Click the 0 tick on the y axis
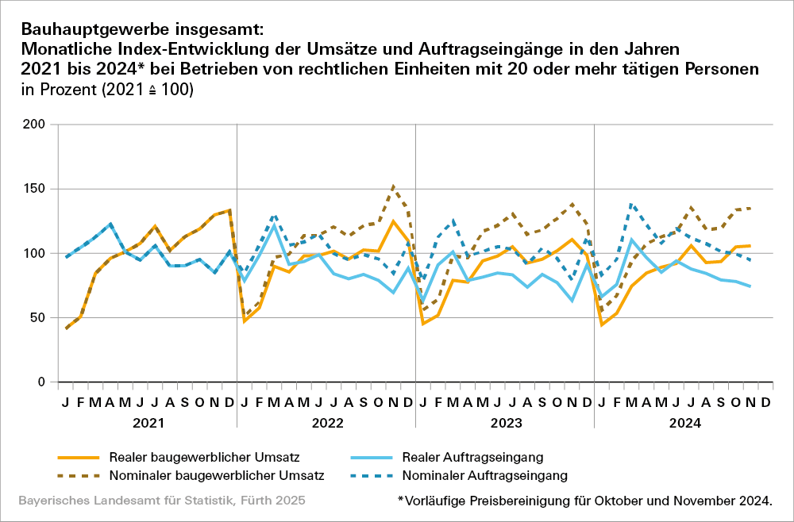tap(40, 382)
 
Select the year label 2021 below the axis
tap(148, 424)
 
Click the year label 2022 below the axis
tap(326, 424)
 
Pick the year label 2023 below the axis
tap(505, 424)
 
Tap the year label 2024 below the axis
tap(684, 424)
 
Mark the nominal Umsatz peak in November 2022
tap(393, 187)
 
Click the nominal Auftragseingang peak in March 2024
tap(631, 204)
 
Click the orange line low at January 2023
tap(423, 324)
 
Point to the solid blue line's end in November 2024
tap(750, 286)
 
